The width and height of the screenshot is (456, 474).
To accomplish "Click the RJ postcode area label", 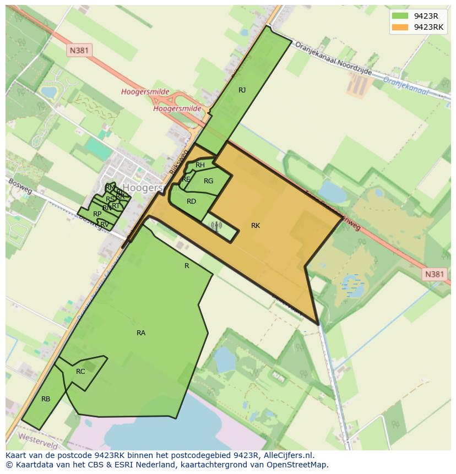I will [x=242, y=90].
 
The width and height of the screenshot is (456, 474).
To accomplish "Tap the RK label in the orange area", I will [x=255, y=226].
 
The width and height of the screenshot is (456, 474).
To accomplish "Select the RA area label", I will [x=141, y=333].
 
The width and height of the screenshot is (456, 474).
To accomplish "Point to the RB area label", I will [x=46, y=399].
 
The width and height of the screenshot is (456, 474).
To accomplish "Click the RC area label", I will [x=80, y=372].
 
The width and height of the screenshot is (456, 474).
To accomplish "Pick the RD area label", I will [x=191, y=201].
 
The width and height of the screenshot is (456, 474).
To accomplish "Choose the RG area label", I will [x=208, y=181].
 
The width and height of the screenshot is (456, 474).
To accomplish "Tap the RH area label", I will [x=200, y=165].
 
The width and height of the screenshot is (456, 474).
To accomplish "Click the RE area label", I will [x=186, y=179].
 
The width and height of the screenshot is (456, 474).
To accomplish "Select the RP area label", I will [x=97, y=214].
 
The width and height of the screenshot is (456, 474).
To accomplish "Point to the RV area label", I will [x=105, y=224].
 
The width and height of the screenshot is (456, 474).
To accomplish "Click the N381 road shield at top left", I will [x=80, y=51].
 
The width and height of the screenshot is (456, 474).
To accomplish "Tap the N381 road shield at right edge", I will [x=434, y=274].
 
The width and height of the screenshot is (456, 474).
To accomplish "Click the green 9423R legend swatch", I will [x=400, y=16].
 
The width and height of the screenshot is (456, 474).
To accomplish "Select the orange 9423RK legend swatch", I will [x=400, y=27].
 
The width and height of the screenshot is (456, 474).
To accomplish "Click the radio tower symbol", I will [x=216, y=225].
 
